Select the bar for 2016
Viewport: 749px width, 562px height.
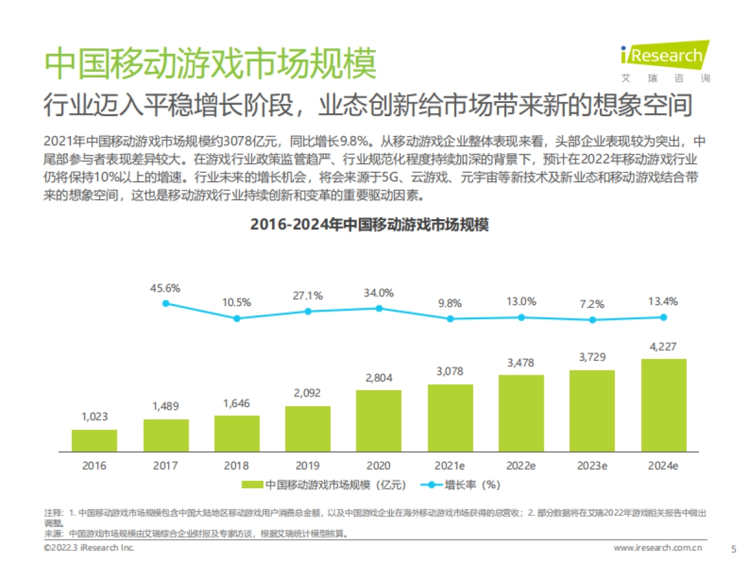[x=94, y=440]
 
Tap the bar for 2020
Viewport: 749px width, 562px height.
[x=379, y=421]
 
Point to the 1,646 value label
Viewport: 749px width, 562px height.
[x=237, y=403]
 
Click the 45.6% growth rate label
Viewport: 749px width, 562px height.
[x=165, y=288]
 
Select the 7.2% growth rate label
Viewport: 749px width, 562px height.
[x=592, y=305]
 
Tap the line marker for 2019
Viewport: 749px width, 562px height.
[x=308, y=311]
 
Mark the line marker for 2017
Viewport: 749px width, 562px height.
[x=165, y=303]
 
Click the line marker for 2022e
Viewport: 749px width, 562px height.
[x=521, y=317]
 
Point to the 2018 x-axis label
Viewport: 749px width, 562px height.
[x=237, y=466]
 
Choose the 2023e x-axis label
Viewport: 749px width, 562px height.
[x=592, y=466]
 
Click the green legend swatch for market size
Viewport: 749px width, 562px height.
[x=252, y=485]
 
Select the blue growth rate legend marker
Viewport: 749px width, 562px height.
[x=429, y=485]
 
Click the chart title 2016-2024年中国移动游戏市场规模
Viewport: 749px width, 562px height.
[x=370, y=225]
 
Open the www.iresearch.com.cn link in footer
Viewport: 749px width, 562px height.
[x=658, y=548]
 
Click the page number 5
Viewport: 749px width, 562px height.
[x=733, y=548]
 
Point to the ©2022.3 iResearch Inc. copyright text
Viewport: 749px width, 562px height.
[x=89, y=548]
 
